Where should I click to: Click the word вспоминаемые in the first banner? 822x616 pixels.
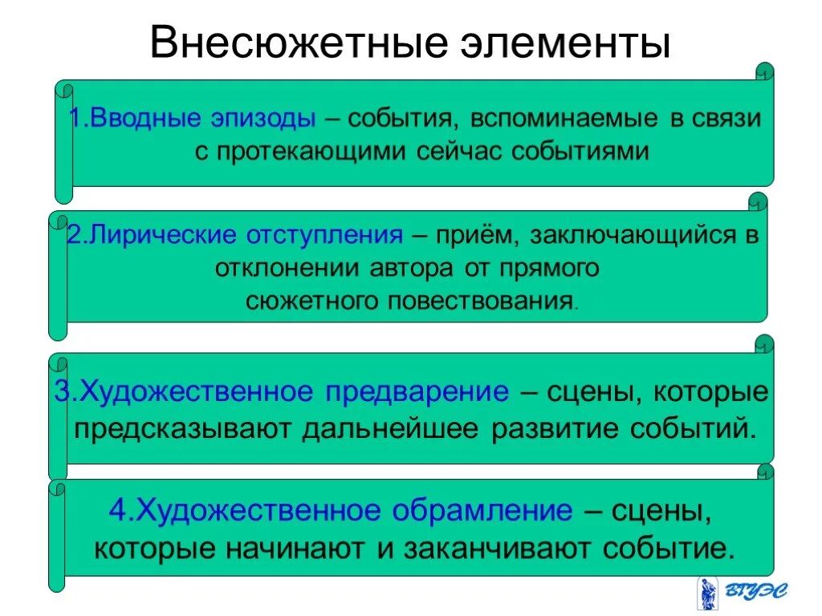click(566, 119)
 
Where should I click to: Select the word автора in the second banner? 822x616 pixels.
click(411, 268)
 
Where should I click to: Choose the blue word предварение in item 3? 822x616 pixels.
click(417, 392)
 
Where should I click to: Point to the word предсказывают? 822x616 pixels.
click(183, 428)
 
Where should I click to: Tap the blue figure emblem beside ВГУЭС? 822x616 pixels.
click(706, 593)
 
